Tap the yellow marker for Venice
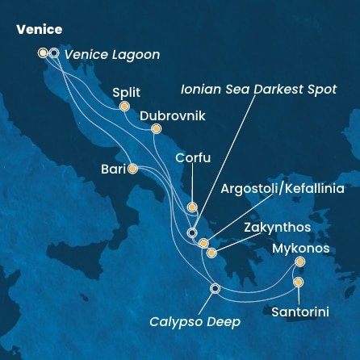click(x=43, y=53)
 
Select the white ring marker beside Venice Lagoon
click(x=54, y=53)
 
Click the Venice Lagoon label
click(x=112, y=55)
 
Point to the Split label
click(x=127, y=92)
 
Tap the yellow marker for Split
click(x=124, y=106)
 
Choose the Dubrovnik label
click(x=172, y=116)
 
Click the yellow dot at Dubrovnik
click(x=156, y=129)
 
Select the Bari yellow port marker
click(x=132, y=169)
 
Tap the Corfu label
click(x=193, y=158)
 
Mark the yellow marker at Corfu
click(x=192, y=207)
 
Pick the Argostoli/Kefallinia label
click(x=283, y=189)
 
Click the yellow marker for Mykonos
click(x=300, y=262)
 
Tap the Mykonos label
click(x=302, y=249)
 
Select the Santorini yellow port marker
click(x=299, y=282)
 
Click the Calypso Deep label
click(x=195, y=322)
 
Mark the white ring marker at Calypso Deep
click(x=215, y=288)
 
